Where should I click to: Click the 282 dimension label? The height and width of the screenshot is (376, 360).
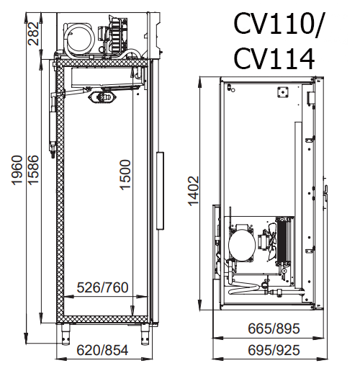[x=33, y=33]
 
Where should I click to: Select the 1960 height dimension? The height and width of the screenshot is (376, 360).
[x=17, y=170]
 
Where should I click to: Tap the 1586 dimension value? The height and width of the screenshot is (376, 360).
[x=33, y=170]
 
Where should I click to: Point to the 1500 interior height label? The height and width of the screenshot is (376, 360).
[x=125, y=175]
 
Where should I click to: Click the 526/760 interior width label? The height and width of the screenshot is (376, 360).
[x=102, y=287]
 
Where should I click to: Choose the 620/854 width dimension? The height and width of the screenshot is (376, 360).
[x=102, y=350]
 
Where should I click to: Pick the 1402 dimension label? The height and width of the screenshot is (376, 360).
[x=194, y=191]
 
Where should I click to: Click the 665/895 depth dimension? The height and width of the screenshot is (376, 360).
[x=274, y=328]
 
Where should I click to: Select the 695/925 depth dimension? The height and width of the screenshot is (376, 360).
[x=274, y=350]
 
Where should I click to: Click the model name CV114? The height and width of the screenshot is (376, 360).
[x=274, y=59]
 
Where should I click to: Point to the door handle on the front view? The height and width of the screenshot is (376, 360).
[x=160, y=191]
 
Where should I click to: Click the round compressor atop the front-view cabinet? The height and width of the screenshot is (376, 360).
[x=79, y=39]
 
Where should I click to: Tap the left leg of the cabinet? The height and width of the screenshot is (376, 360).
[x=66, y=334]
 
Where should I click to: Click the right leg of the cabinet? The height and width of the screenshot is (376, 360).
[x=145, y=334]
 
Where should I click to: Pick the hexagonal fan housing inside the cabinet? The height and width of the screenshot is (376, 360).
[x=103, y=97]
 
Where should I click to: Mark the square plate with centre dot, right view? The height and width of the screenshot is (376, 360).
[x=283, y=92]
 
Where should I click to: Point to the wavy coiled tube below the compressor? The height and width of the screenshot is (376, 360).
[x=243, y=289]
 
